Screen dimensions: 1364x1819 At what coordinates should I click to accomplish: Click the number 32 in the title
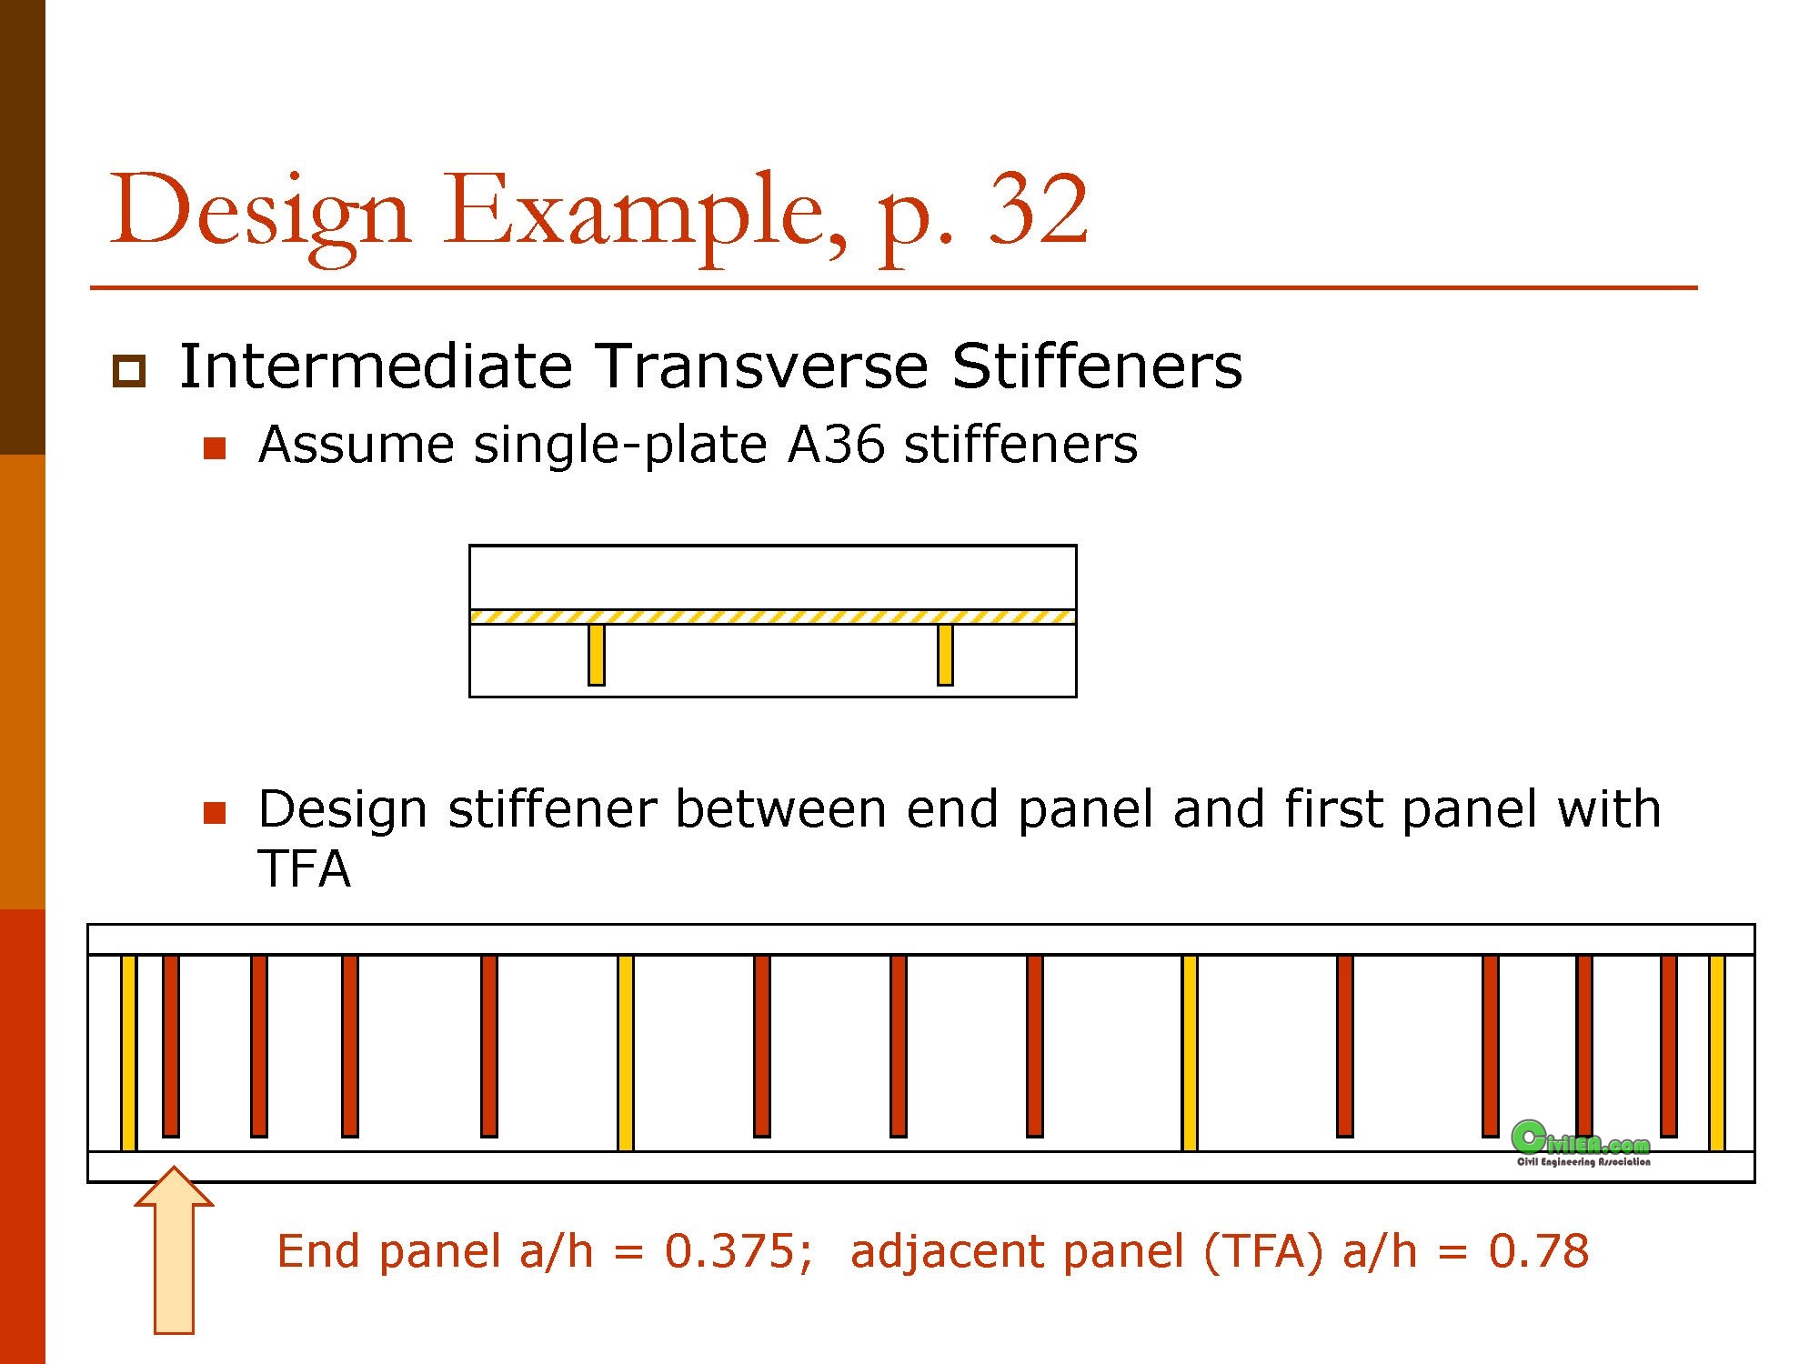[1038, 211]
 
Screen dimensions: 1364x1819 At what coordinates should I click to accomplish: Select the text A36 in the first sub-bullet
[836, 445]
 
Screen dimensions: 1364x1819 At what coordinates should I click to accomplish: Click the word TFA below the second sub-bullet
[304, 868]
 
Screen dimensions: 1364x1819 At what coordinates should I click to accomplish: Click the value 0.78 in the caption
[1538, 1251]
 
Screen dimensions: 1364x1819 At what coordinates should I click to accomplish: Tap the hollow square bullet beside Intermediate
[128, 371]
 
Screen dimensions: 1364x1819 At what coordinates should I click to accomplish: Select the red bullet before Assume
[215, 448]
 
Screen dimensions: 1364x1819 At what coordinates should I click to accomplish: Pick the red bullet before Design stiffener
[215, 812]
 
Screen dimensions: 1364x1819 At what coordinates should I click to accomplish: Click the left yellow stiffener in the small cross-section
[597, 654]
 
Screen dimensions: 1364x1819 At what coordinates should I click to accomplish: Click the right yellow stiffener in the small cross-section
[945, 654]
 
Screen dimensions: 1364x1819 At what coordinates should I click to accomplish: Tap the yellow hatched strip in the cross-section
[772, 617]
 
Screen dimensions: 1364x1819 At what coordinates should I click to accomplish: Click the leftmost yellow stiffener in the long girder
[128, 1052]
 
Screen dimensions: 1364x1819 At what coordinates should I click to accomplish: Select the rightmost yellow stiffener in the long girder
[1716, 1052]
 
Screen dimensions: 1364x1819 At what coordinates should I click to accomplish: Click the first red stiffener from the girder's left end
[171, 1046]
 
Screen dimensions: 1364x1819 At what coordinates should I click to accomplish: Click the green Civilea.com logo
[1581, 1143]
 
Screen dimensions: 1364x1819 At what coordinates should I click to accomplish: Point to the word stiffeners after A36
[1020, 445]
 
